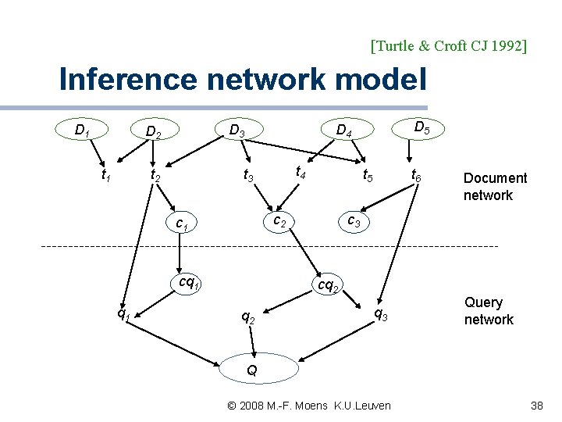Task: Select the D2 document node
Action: click(x=155, y=132)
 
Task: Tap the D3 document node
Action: click(x=236, y=130)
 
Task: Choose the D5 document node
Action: click(x=420, y=127)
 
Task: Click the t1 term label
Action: click(x=105, y=177)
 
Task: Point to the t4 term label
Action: click(x=300, y=172)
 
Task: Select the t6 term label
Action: click(x=417, y=178)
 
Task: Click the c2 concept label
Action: click(x=277, y=222)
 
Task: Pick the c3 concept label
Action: click(x=354, y=222)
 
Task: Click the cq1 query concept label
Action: click(x=190, y=281)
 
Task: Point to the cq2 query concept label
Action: click(x=327, y=286)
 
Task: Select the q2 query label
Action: click(x=247, y=317)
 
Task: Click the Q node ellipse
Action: click(x=252, y=369)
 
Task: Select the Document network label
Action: click(x=495, y=187)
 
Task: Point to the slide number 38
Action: click(x=536, y=406)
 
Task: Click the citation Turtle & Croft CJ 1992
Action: click(x=449, y=45)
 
